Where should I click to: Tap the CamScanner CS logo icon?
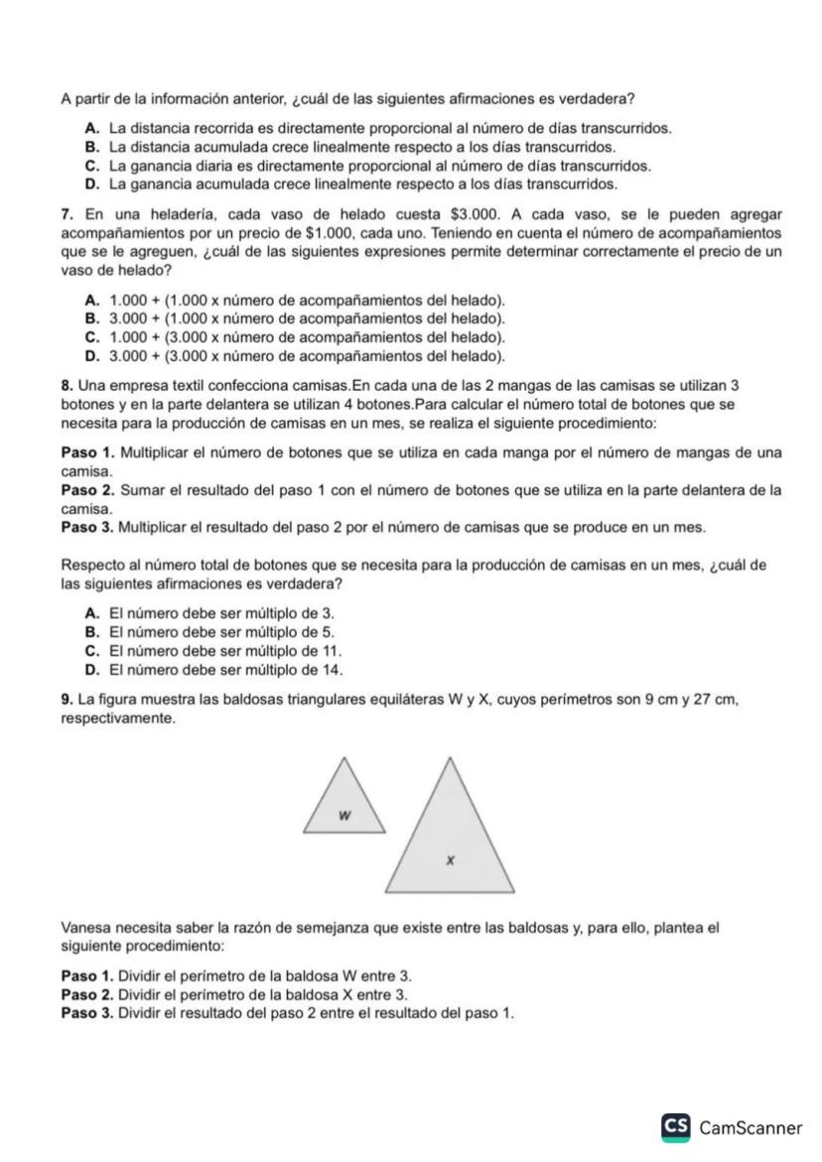[x=676, y=1127]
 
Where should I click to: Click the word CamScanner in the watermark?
[x=751, y=1128]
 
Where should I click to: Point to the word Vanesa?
[x=87, y=930]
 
